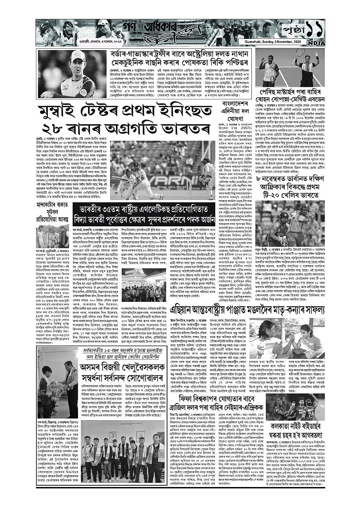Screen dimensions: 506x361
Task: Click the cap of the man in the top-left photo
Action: tap(77, 56)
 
